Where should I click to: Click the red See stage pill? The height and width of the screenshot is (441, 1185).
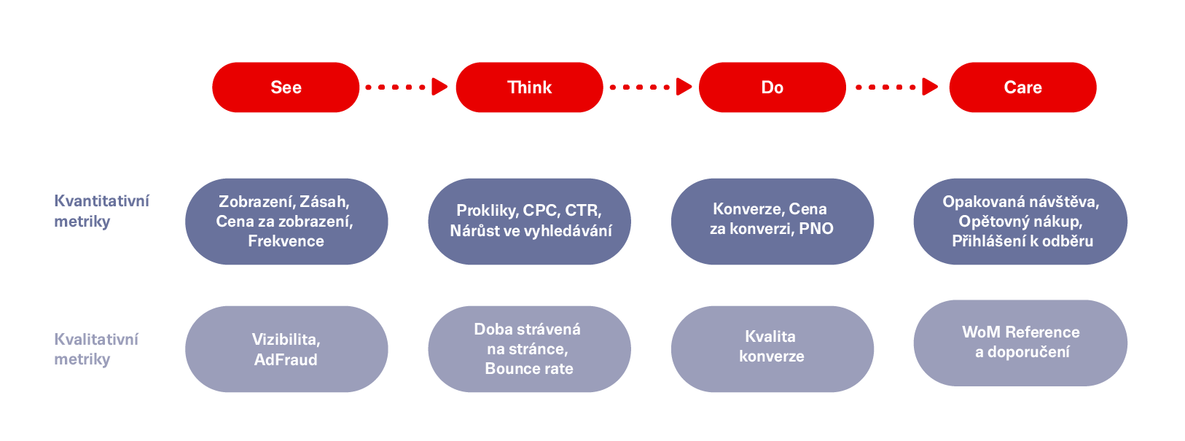(x=286, y=87)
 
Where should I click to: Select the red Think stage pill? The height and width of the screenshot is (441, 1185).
(x=530, y=87)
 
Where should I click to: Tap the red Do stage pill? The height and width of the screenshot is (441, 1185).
(x=773, y=87)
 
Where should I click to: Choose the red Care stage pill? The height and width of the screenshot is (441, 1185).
(x=1023, y=87)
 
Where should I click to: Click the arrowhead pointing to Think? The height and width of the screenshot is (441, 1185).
(x=439, y=87)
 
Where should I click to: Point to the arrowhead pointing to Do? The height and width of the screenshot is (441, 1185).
(x=684, y=87)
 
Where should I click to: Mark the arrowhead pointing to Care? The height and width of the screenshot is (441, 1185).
(x=930, y=87)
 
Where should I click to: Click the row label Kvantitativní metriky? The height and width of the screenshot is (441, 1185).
(x=101, y=211)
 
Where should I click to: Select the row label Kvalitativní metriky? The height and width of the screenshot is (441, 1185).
(x=96, y=349)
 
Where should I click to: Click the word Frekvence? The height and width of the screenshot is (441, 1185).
(x=286, y=241)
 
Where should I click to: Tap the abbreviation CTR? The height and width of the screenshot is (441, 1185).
(x=583, y=211)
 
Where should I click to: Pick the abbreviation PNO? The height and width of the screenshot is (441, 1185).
(x=816, y=229)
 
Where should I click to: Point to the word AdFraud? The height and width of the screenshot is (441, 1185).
(x=286, y=360)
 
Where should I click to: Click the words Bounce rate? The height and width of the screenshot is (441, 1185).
(x=529, y=368)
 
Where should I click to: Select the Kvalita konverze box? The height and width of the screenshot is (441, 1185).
(x=773, y=349)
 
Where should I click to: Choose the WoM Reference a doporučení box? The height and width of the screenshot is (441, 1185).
(x=1020, y=343)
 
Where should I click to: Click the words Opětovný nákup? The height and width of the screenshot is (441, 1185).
(x=1020, y=222)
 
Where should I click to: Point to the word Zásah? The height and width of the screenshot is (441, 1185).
(x=325, y=202)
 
